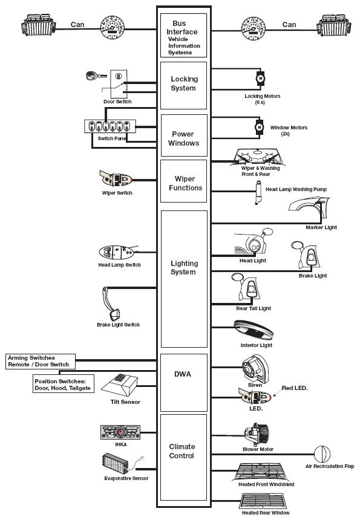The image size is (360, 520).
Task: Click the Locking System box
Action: pyautogui.click(x=183, y=85)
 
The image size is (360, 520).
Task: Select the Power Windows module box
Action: pyautogui.click(x=184, y=135)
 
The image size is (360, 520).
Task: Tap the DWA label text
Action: pyautogui.click(x=183, y=374)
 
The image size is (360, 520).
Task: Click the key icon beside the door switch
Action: pyautogui.click(x=95, y=76)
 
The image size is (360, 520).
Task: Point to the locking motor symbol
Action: pyautogui.click(x=260, y=79)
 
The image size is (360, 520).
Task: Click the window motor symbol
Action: pyautogui.click(x=260, y=128)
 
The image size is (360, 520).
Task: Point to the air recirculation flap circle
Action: pyautogui.click(x=322, y=454)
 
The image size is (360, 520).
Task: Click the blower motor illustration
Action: pyautogui.click(x=256, y=434)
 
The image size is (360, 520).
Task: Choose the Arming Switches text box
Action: pyautogui.click(x=41, y=361)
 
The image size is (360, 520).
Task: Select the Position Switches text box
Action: pyautogui.click(x=64, y=384)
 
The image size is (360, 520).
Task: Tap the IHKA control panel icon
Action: pyautogui.click(x=120, y=432)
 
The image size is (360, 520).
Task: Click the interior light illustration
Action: pyautogui.click(x=254, y=330)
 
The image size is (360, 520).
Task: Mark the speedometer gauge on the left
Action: pyautogui.click(x=113, y=27)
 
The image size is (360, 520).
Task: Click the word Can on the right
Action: pyautogui.click(x=289, y=25)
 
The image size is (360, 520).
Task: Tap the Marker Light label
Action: pyautogui.click(x=321, y=227)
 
